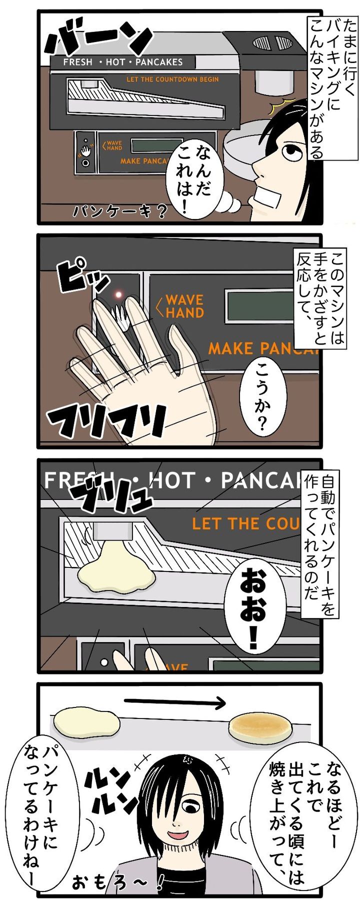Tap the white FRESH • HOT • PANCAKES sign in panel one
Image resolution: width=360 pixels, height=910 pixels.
tap(122, 62)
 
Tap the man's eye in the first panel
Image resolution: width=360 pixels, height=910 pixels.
tap(289, 148)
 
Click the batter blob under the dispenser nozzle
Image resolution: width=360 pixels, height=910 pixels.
tap(116, 569)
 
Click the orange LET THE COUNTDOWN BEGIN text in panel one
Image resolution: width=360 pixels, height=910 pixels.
tap(172, 79)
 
